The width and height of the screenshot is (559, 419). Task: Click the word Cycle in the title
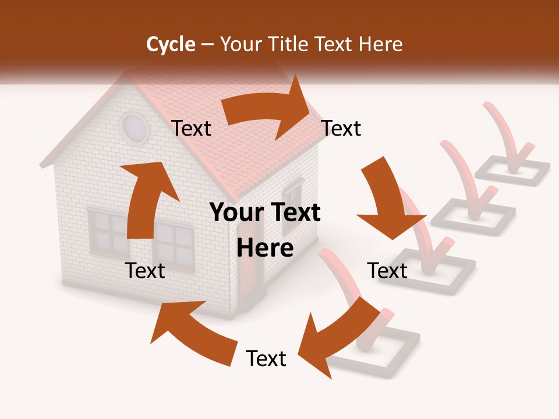pos(171,44)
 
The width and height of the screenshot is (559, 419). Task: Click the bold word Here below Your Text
pos(265,248)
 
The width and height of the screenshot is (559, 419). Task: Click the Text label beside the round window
pos(192,129)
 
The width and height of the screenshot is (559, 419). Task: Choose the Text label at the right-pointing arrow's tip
pos(341,129)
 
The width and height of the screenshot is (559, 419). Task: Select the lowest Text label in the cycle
pos(266,359)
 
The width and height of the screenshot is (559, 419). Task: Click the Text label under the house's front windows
pos(145,271)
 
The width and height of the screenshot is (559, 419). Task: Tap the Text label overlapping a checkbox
pos(388,271)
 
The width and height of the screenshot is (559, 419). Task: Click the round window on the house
pos(135,127)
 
